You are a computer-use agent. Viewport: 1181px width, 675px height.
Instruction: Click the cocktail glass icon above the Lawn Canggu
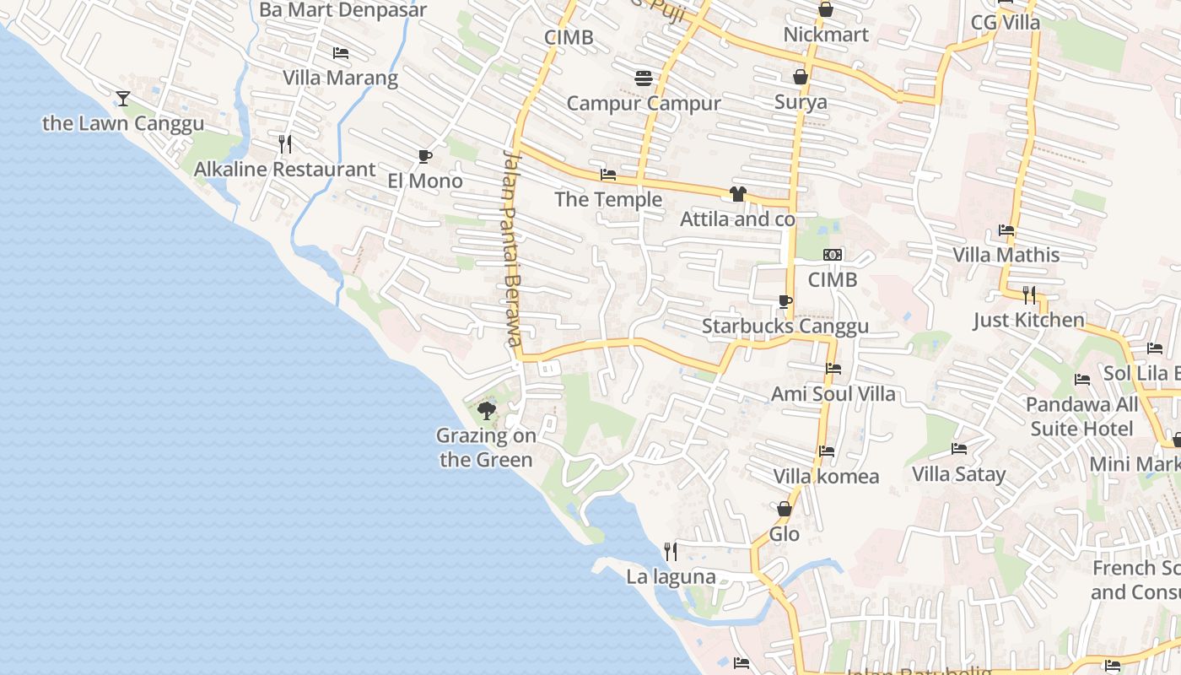pyautogui.click(x=123, y=99)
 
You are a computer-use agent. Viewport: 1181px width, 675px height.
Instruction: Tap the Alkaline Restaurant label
pyautogui.click(x=284, y=170)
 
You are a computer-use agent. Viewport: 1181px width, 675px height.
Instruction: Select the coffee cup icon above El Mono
pyautogui.click(x=425, y=156)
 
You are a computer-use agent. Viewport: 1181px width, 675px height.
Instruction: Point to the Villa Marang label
pyautogui.click(x=340, y=78)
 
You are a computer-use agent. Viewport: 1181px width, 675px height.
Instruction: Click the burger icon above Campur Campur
pyautogui.click(x=644, y=78)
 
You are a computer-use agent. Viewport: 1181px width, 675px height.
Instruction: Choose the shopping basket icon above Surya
pyautogui.click(x=801, y=78)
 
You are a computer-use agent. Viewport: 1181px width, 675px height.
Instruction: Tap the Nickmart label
pyautogui.click(x=826, y=35)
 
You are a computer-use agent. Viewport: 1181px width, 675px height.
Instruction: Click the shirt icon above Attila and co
pyautogui.click(x=738, y=194)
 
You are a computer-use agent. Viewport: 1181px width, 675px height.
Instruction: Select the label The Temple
pyautogui.click(x=608, y=200)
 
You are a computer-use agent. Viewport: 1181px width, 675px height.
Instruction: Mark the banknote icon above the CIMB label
pyautogui.click(x=833, y=255)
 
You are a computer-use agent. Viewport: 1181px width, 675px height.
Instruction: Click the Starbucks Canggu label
pyautogui.click(x=785, y=327)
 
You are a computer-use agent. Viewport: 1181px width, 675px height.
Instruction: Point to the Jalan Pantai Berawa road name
pyautogui.click(x=511, y=248)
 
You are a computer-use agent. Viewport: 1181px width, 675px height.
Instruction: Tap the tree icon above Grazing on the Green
pyautogui.click(x=486, y=411)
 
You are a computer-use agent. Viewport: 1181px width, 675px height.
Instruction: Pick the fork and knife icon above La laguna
pyautogui.click(x=671, y=552)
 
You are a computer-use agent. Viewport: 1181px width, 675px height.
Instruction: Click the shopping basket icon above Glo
pyautogui.click(x=785, y=509)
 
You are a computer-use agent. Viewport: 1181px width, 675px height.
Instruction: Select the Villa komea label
pyautogui.click(x=826, y=477)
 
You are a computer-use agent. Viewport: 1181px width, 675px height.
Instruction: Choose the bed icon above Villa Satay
pyautogui.click(x=959, y=448)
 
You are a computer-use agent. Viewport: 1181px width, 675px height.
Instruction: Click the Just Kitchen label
pyautogui.click(x=1028, y=321)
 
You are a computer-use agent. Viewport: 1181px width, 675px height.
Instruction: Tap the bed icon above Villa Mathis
pyautogui.click(x=1006, y=229)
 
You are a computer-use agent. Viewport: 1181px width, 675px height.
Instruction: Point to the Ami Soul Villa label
pyautogui.click(x=833, y=394)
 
